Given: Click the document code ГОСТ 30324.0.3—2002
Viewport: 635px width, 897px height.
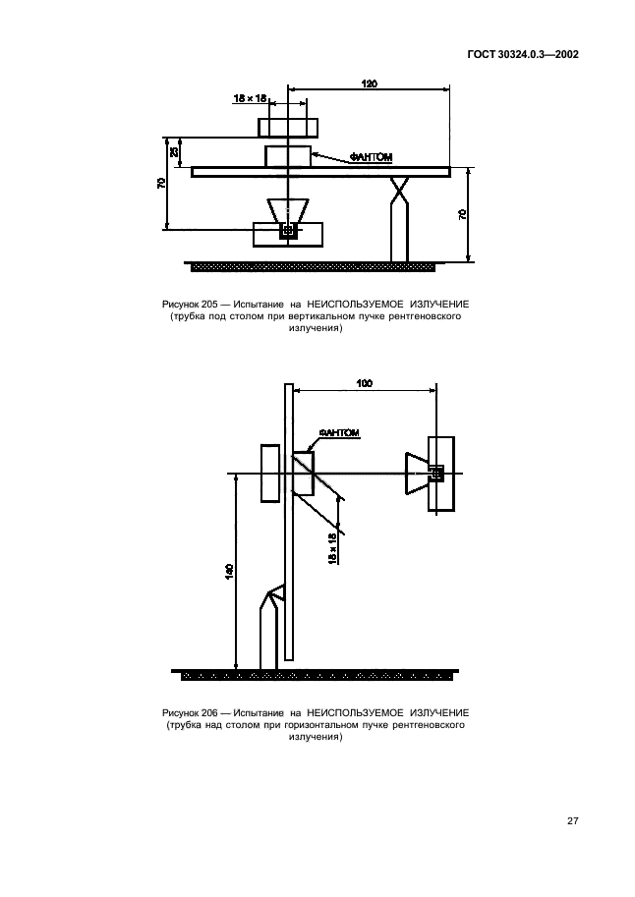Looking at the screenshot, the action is coord(523,54).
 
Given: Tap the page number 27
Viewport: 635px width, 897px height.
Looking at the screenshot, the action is coord(573,821).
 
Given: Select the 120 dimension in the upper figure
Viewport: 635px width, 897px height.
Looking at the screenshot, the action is coord(370,84).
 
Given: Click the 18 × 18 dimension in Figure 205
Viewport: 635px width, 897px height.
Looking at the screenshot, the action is coord(250,98).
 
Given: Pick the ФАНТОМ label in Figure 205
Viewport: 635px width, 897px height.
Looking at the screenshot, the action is coord(371,157).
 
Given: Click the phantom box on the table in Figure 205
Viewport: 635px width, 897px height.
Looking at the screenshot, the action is coord(287,156).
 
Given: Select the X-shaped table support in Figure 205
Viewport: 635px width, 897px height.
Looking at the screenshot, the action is coord(399,190).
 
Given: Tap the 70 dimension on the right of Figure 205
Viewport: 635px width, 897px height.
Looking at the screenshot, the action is coord(462,214).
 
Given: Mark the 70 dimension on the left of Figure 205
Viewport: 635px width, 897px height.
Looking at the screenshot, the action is coord(161,183).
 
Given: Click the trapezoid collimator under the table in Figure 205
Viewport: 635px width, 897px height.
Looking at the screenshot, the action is coord(288,211).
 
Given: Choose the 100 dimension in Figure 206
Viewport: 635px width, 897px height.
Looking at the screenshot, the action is coord(364,383).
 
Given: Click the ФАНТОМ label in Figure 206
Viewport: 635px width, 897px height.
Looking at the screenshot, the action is coord(339,433).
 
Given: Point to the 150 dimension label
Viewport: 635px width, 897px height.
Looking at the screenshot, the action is coord(229,572).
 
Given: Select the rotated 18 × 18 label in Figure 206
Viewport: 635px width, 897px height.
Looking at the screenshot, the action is coord(331,549).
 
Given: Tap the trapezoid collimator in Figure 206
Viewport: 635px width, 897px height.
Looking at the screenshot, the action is coord(418,474).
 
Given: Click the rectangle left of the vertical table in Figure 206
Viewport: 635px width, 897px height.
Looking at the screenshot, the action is coord(270,474).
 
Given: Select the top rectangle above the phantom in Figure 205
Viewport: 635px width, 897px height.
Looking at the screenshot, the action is coord(288,127).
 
